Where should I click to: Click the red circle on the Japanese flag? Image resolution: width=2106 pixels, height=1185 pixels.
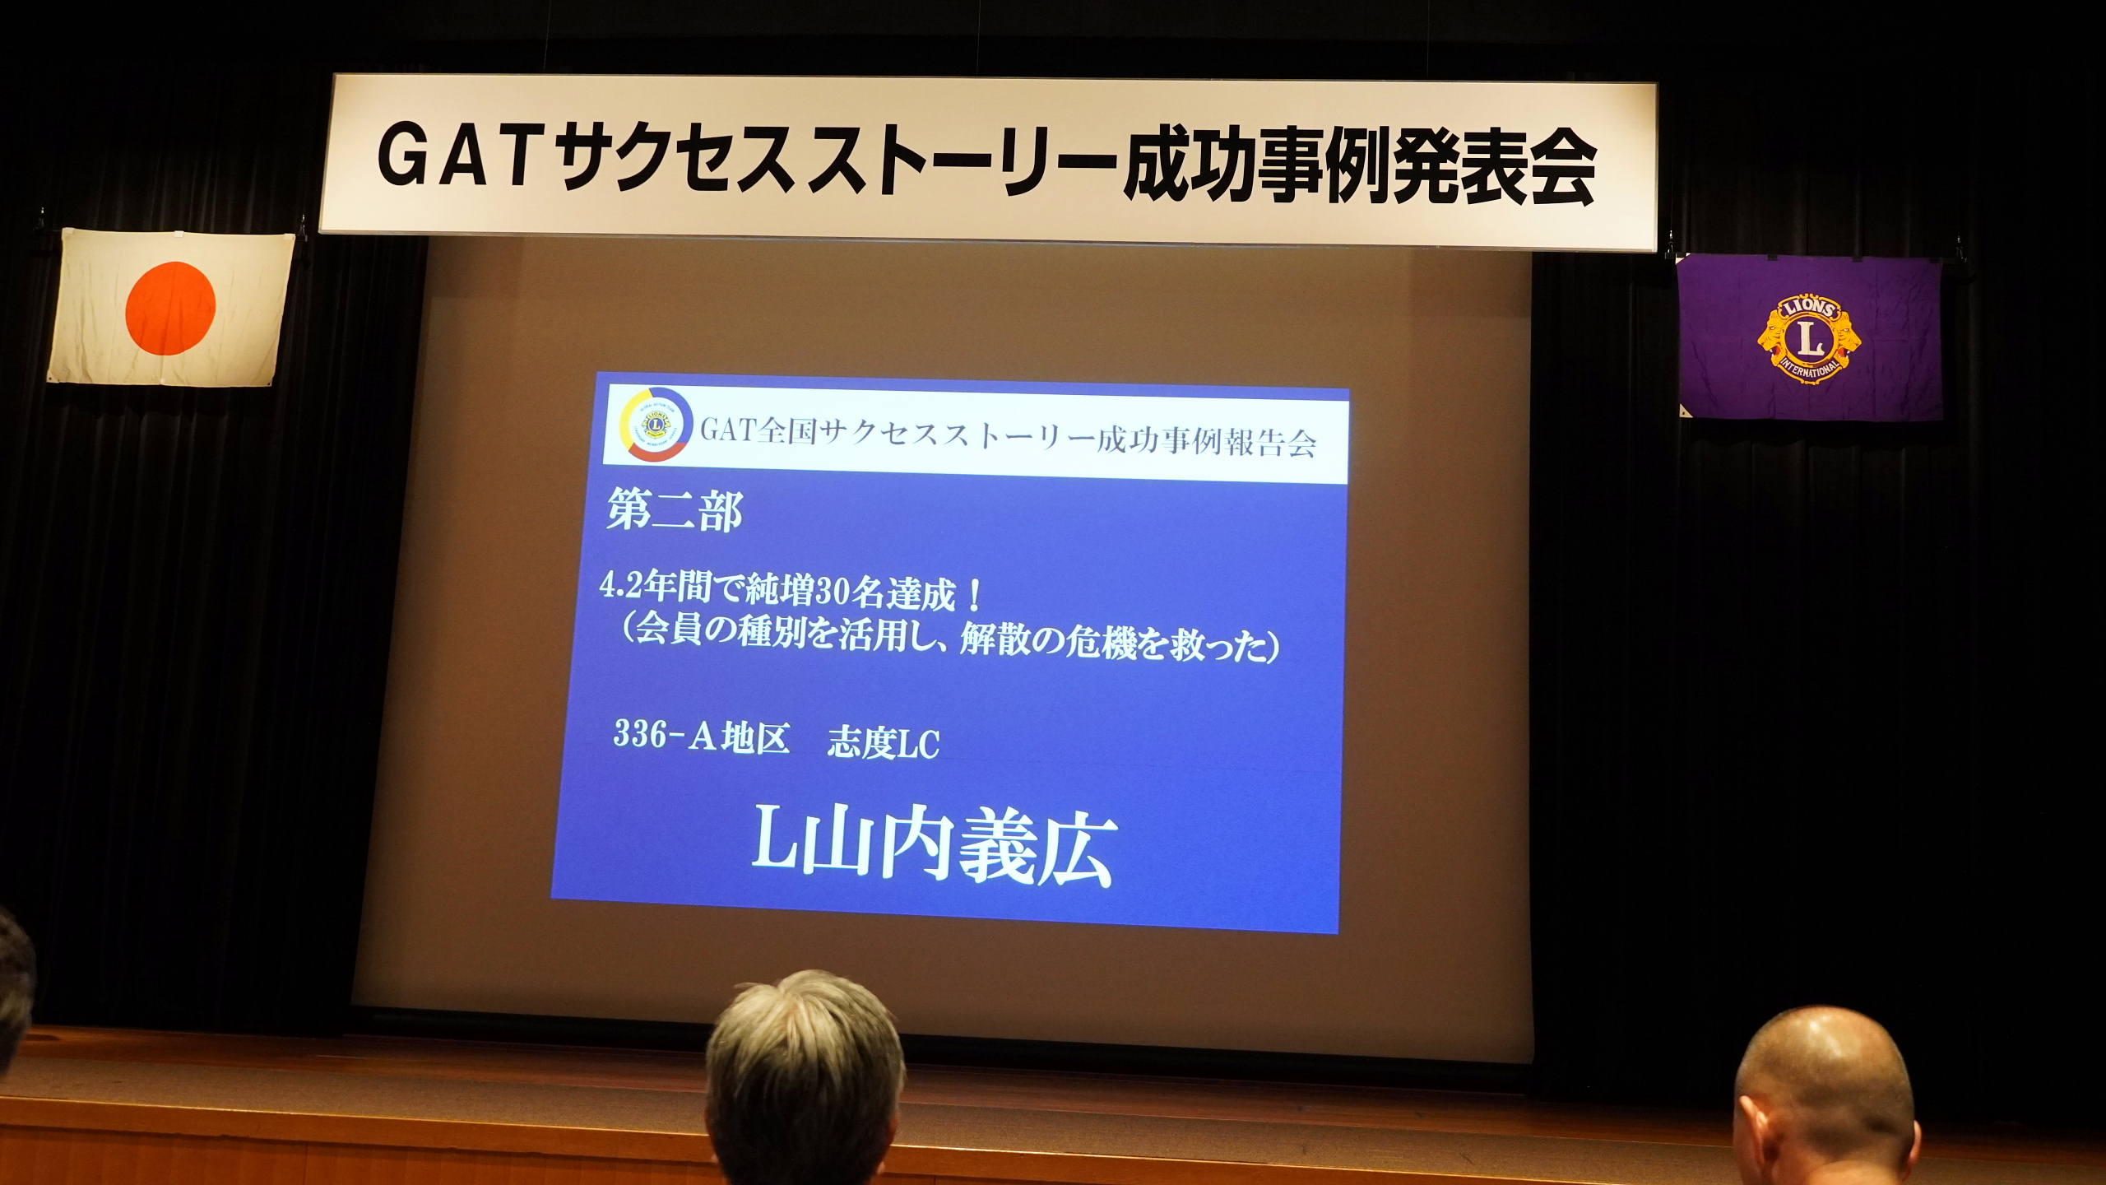tap(170, 309)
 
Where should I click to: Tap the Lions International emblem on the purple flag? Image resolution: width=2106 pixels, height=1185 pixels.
tap(1809, 339)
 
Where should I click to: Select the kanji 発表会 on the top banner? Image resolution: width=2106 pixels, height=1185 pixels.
tap(1492, 171)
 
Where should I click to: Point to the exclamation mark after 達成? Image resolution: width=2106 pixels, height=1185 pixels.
tap(975, 594)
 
